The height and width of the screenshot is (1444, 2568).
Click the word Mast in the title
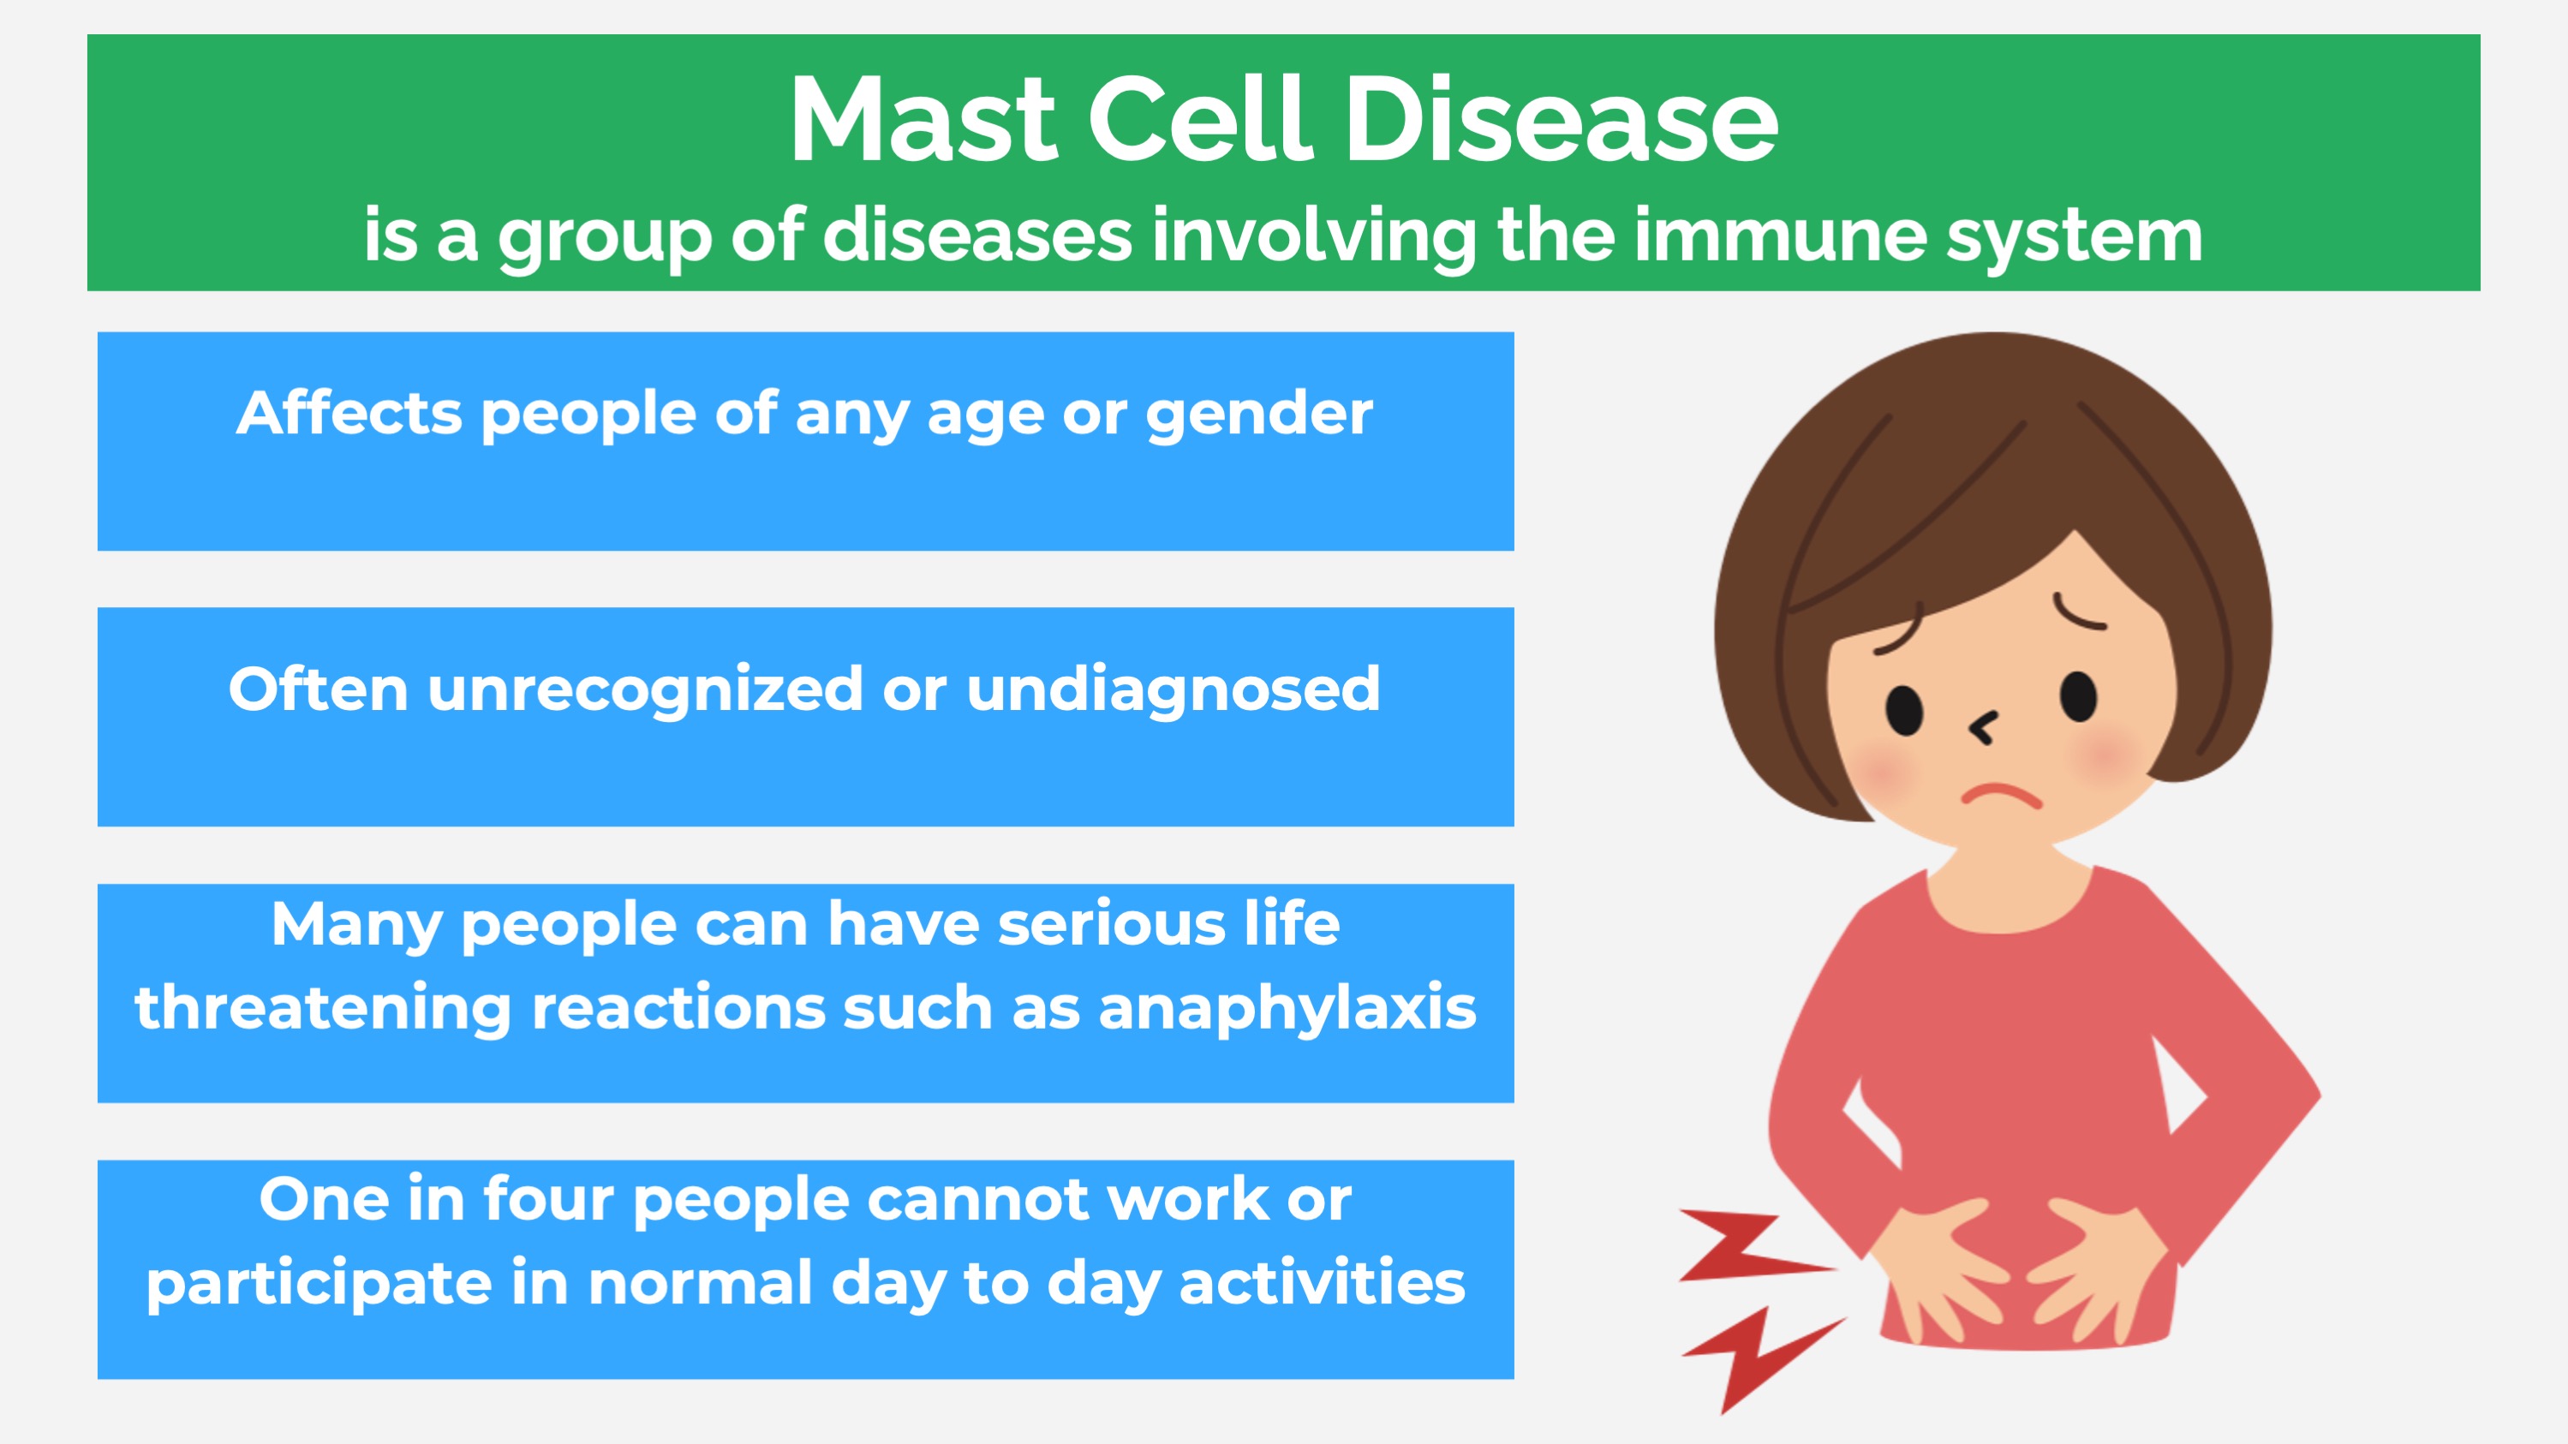pos(923,120)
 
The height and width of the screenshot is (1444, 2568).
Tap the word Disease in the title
pos(1562,120)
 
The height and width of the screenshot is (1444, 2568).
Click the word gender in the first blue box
pos(1259,415)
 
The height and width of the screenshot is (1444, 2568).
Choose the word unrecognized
pos(645,690)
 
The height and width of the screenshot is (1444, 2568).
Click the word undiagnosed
pos(1174,690)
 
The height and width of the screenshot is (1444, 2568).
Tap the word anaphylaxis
pos(1287,1010)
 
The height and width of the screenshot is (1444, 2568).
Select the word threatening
pos(324,1010)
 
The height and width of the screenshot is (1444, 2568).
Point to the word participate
pos(319,1285)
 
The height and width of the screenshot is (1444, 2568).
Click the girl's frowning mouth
pos(2002,797)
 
